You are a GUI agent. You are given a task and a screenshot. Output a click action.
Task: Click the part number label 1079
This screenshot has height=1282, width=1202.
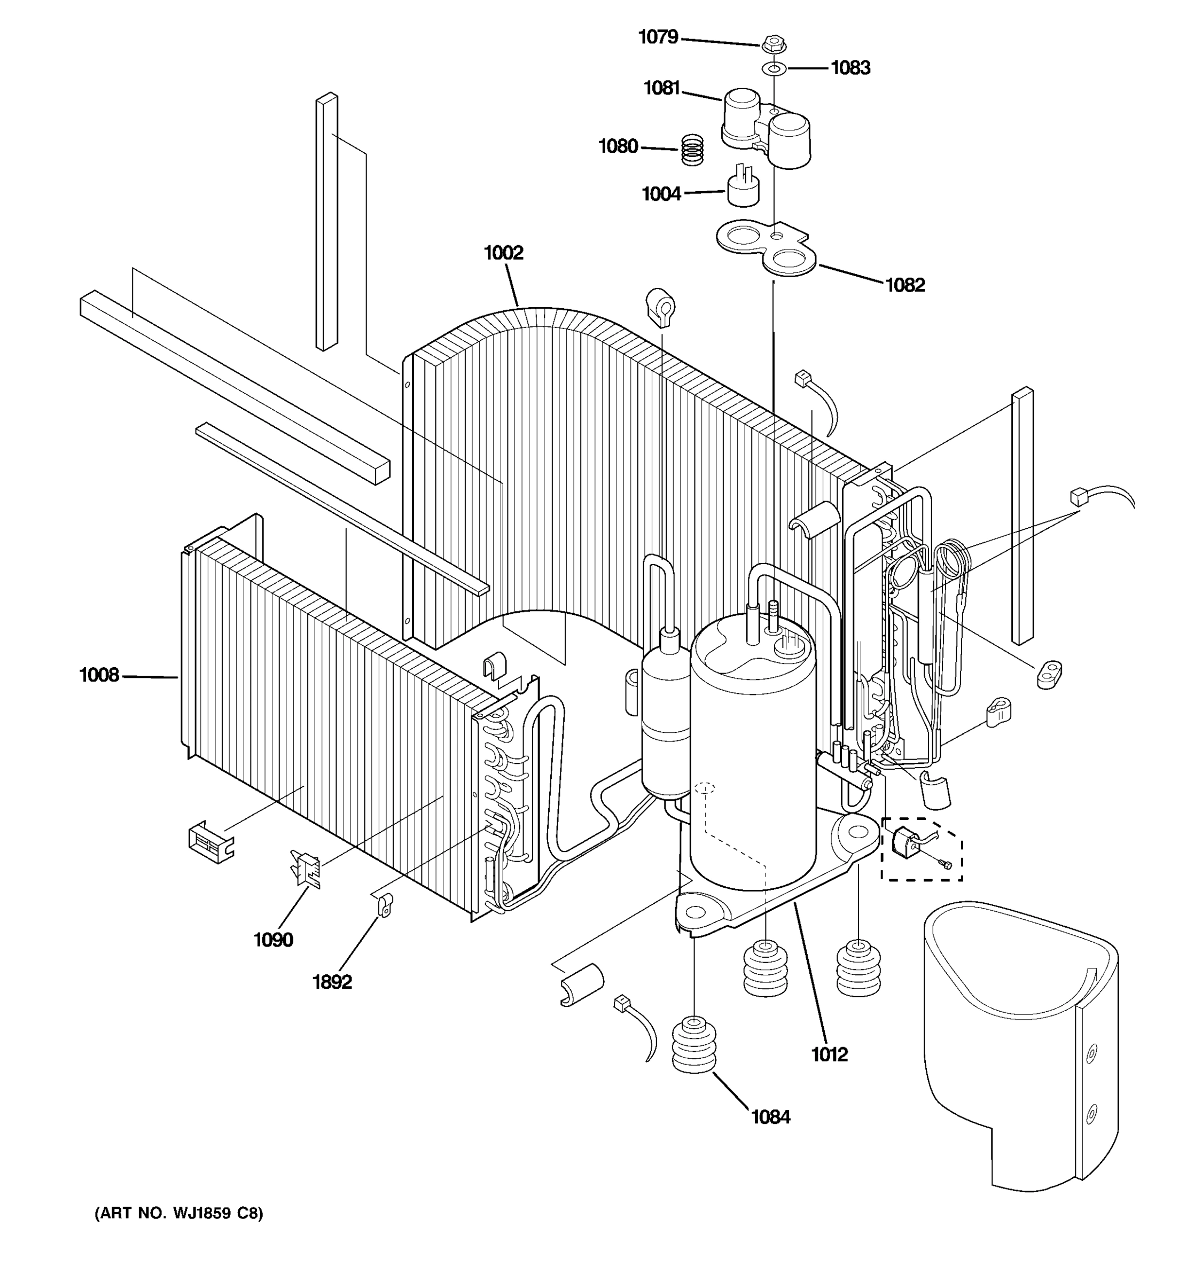point(658,37)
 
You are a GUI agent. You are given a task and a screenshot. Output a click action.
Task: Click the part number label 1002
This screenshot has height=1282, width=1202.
point(504,253)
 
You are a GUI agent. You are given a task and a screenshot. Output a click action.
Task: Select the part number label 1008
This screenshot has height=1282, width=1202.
point(99,675)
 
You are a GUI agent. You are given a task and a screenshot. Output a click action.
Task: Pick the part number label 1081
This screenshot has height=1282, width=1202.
point(662,88)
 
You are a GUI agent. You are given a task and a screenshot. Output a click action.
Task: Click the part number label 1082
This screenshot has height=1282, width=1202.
point(905,285)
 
